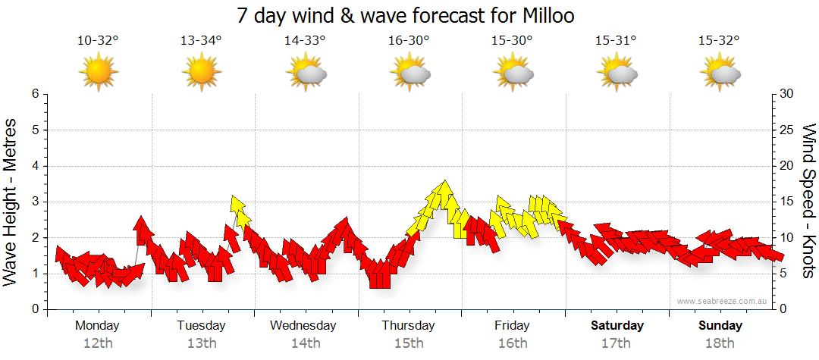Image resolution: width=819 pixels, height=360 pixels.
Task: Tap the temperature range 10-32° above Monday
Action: [x=98, y=40]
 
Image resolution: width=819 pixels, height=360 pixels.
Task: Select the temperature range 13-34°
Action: [x=201, y=40]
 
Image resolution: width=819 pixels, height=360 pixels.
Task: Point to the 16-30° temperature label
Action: [x=409, y=40]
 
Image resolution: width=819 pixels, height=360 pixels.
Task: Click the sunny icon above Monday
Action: [x=98, y=74]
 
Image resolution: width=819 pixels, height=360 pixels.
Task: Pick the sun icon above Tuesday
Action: [x=201, y=74]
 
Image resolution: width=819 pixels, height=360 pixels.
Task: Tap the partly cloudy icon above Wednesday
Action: [x=306, y=74]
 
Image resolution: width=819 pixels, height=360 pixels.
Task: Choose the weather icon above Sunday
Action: [x=720, y=74]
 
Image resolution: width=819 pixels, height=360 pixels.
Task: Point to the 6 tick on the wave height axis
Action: [x=35, y=94]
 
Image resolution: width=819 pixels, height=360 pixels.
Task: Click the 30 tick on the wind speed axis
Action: [x=787, y=94]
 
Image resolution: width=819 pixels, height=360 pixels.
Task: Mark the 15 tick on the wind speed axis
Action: [x=787, y=202]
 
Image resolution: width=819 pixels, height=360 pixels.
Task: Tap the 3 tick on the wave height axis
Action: [x=35, y=202]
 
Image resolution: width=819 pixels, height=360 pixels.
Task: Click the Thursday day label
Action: [x=409, y=326]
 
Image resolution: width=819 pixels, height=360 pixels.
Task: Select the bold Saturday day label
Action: [x=617, y=326]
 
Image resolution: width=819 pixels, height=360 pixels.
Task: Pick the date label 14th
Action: [x=306, y=343]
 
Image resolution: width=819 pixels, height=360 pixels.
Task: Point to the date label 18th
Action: [x=720, y=343]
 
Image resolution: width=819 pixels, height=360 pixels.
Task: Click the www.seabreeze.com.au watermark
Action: [x=723, y=302]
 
